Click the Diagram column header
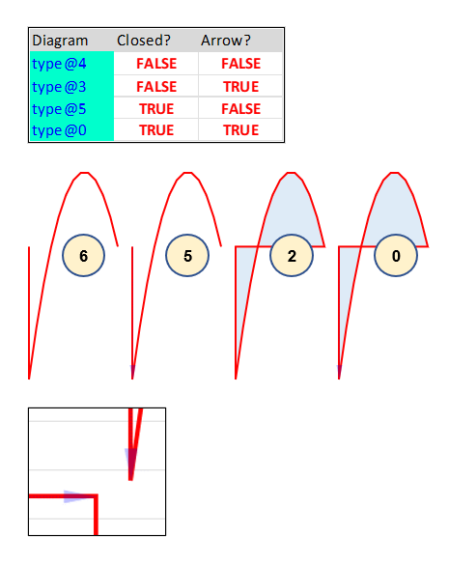click(60, 41)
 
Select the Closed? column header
click(143, 41)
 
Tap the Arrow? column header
click(225, 41)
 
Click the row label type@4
click(59, 64)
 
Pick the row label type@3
click(59, 87)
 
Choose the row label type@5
click(59, 109)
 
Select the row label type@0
click(59, 130)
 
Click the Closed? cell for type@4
click(156, 64)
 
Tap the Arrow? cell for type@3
click(240, 87)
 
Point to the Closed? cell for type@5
click(156, 109)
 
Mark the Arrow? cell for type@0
click(240, 130)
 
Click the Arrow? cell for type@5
click(240, 109)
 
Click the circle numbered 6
click(83, 256)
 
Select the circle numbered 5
click(187, 256)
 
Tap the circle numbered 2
click(292, 256)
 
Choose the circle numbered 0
click(396, 256)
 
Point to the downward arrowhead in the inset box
click(130, 461)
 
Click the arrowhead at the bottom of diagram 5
click(132, 372)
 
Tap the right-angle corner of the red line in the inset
click(96, 496)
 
